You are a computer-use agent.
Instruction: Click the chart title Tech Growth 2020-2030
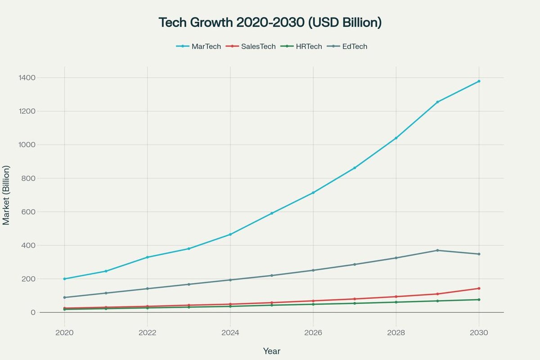[270, 22]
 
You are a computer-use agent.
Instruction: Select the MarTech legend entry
[198, 46]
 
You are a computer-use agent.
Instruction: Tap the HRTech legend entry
[301, 46]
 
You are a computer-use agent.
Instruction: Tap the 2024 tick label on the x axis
[230, 333]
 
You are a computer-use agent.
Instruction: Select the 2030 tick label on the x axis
[478, 333]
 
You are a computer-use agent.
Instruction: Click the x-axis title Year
[271, 351]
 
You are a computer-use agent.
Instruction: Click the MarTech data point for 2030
[479, 81]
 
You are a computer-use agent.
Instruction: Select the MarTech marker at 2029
[437, 102]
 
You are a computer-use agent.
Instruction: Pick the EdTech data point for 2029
[437, 250]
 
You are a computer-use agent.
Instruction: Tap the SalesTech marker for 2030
[479, 288]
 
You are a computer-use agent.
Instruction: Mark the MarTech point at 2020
[64, 279]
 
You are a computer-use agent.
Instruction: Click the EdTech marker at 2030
[479, 254]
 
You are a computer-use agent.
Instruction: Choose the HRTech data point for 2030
[479, 300]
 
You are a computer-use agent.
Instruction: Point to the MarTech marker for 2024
[230, 234]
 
